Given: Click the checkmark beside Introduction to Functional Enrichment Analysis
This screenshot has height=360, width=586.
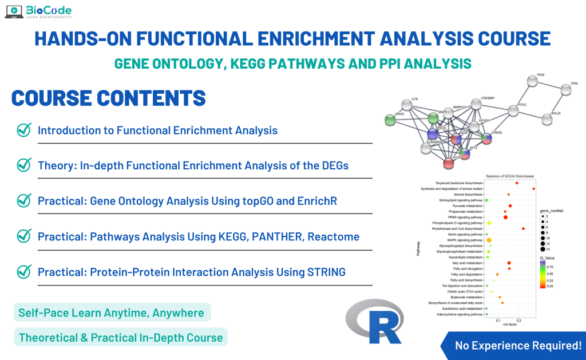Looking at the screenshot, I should (24, 130).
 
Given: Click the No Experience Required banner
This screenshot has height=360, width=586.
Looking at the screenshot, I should (517, 345).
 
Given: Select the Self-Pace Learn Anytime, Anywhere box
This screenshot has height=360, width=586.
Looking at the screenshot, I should (111, 312).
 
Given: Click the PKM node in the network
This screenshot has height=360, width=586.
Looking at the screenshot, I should (532, 81).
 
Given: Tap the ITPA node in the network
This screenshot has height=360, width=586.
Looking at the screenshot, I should (565, 88).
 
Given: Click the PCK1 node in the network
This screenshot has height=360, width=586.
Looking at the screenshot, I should (513, 111).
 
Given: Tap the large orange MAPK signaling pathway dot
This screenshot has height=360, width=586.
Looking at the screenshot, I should (489, 240).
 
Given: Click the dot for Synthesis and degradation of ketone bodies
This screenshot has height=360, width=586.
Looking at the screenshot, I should (533, 188).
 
